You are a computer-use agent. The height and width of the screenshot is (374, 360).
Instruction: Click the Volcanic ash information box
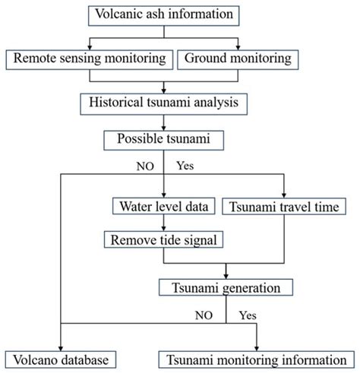tap(164, 13)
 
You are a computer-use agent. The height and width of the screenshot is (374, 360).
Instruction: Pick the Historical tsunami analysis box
tap(164, 100)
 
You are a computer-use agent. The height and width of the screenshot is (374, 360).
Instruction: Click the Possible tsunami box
tap(164, 139)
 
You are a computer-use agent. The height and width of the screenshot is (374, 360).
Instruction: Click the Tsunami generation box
tap(226, 287)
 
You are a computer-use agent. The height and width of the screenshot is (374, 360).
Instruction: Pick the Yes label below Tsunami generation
tap(248, 313)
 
